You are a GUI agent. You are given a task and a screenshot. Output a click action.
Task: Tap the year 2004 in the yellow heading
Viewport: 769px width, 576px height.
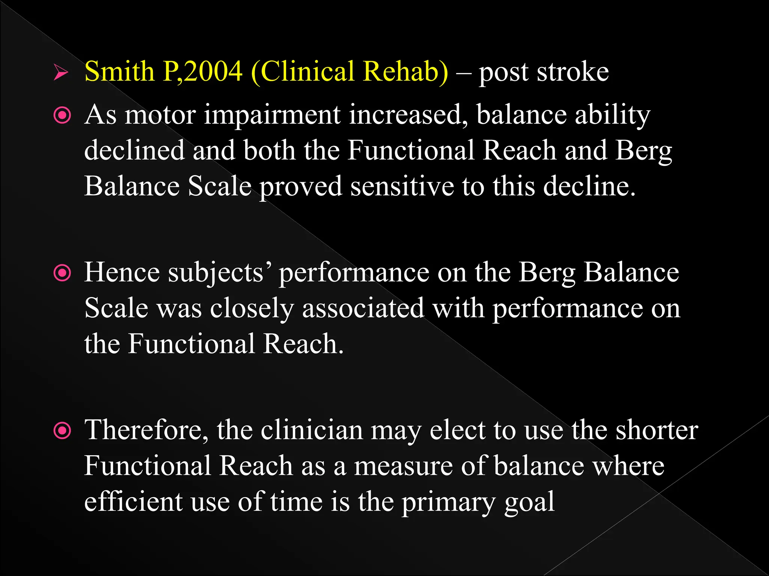tap(213, 71)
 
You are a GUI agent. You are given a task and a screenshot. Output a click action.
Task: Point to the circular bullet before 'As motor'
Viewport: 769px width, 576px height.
tap(62, 115)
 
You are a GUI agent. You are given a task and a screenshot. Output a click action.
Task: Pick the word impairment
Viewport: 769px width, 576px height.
tap(272, 115)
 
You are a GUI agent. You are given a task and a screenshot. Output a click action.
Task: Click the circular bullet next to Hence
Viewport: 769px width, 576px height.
tap(62, 273)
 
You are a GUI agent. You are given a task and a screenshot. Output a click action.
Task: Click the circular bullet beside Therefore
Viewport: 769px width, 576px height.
tap(62, 430)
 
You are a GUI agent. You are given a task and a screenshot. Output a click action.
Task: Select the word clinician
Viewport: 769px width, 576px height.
tap(312, 430)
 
